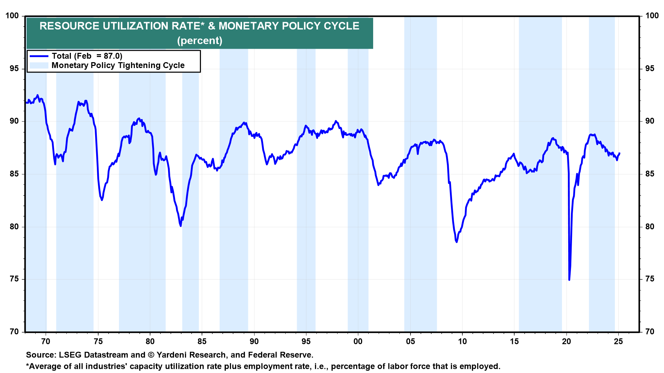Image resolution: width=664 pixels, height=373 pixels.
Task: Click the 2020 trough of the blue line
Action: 569,279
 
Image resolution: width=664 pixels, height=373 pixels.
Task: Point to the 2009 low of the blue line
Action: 456,242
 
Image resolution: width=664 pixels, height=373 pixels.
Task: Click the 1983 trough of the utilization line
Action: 181,226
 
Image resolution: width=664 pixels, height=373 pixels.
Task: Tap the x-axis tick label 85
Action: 202,342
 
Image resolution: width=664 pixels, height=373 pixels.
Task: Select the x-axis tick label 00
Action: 358,342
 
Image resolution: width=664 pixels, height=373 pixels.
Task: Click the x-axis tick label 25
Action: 618,342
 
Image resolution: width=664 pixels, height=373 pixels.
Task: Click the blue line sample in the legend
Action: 39,56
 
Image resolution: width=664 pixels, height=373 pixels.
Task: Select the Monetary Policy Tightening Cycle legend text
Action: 118,65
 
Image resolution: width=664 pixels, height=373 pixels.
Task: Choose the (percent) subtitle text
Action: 200,41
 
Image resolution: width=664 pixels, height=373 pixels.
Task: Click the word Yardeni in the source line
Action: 174,355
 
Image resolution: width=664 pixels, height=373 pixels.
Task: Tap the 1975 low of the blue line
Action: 102,200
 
